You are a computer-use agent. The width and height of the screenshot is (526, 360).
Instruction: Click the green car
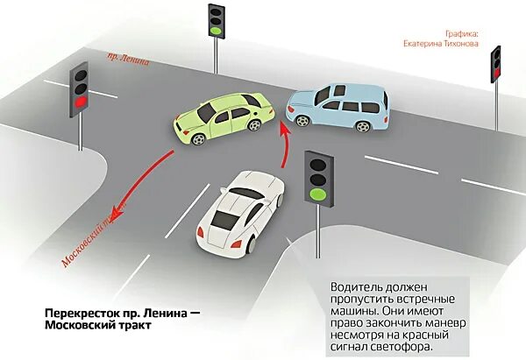pyautogui.click(x=219, y=119)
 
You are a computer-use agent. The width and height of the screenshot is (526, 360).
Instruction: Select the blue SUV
pyautogui.click(x=338, y=107)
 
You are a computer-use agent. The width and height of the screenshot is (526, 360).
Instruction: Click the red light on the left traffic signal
pyautogui.click(x=82, y=103)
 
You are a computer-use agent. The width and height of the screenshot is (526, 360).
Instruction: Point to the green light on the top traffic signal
pyautogui.click(x=215, y=31)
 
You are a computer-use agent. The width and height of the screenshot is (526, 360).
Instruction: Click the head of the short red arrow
pyautogui.click(x=282, y=128)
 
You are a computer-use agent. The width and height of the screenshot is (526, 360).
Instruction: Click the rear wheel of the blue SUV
pyautogui.click(x=362, y=126)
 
